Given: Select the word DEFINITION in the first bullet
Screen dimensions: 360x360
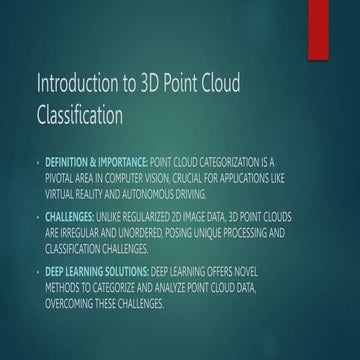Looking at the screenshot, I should tap(67, 160).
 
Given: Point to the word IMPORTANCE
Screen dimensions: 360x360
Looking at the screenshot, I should tap(120, 160).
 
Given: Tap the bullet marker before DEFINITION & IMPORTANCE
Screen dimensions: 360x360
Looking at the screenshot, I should tap(38, 160).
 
